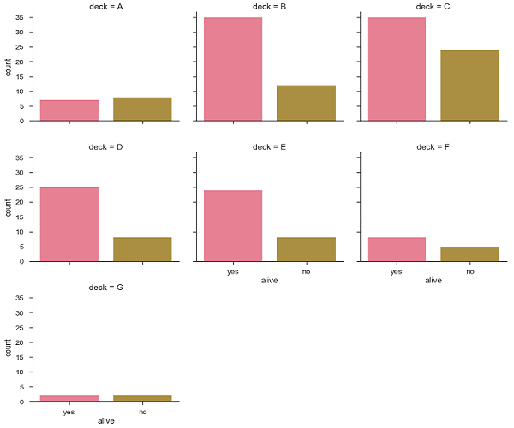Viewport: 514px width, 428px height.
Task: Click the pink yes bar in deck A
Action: pyautogui.click(x=69, y=110)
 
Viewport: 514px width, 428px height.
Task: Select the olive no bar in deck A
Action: pyautogui.click(x=142, y=109)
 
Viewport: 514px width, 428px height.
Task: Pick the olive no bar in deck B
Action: pyautogui.click(x=306, y=103)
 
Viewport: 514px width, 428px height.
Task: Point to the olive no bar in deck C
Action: pyautogui.click(x=469, y=85)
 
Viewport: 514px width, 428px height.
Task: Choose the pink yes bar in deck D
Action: pyautogui.click(x=69, y=224)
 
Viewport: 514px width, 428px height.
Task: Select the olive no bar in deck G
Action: pyautogui.click(x=142, y=398)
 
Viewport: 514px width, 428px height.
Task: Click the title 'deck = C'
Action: pyautogui.click(x=433, y=7)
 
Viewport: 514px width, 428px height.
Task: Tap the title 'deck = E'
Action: pyautogui.click(x=270, y=147)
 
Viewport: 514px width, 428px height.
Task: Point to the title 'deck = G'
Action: pyautogui.click(x=106, y=288)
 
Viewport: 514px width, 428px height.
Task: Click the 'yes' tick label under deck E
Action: pyautogui.click(x=233, y=270)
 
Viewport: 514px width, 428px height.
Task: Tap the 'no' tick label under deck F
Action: pyautogui.click(x=469, y=270)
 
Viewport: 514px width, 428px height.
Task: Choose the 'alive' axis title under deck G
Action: pyautogui.click(x=106, y=421)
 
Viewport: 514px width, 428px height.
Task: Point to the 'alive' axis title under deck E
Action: pyautogui.click(x=270, y=281)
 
